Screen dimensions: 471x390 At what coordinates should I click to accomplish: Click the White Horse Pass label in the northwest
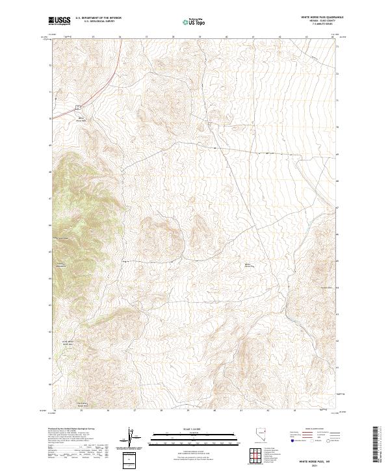81,119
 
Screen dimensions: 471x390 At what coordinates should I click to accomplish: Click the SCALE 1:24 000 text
180,429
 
